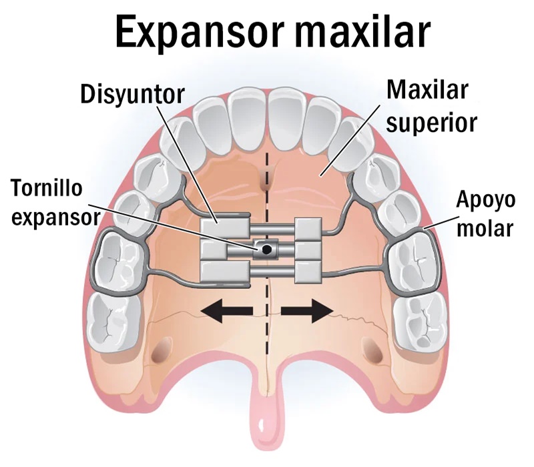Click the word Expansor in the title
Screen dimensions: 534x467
click(x=199, y=32)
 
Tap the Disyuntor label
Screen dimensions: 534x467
click(x=132, y=94)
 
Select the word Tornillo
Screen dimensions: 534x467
click(x=46, y=187)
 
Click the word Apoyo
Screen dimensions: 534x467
click(x=485, y=201)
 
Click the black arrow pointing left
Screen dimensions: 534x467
click(x=227, y=310)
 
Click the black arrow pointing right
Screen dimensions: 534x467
click(x=307, y=310)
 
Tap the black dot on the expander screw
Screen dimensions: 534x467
click(x=266, y=250)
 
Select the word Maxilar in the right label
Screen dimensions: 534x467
click(x=427, y=90)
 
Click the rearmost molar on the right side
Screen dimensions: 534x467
click(x=420, y=321)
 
